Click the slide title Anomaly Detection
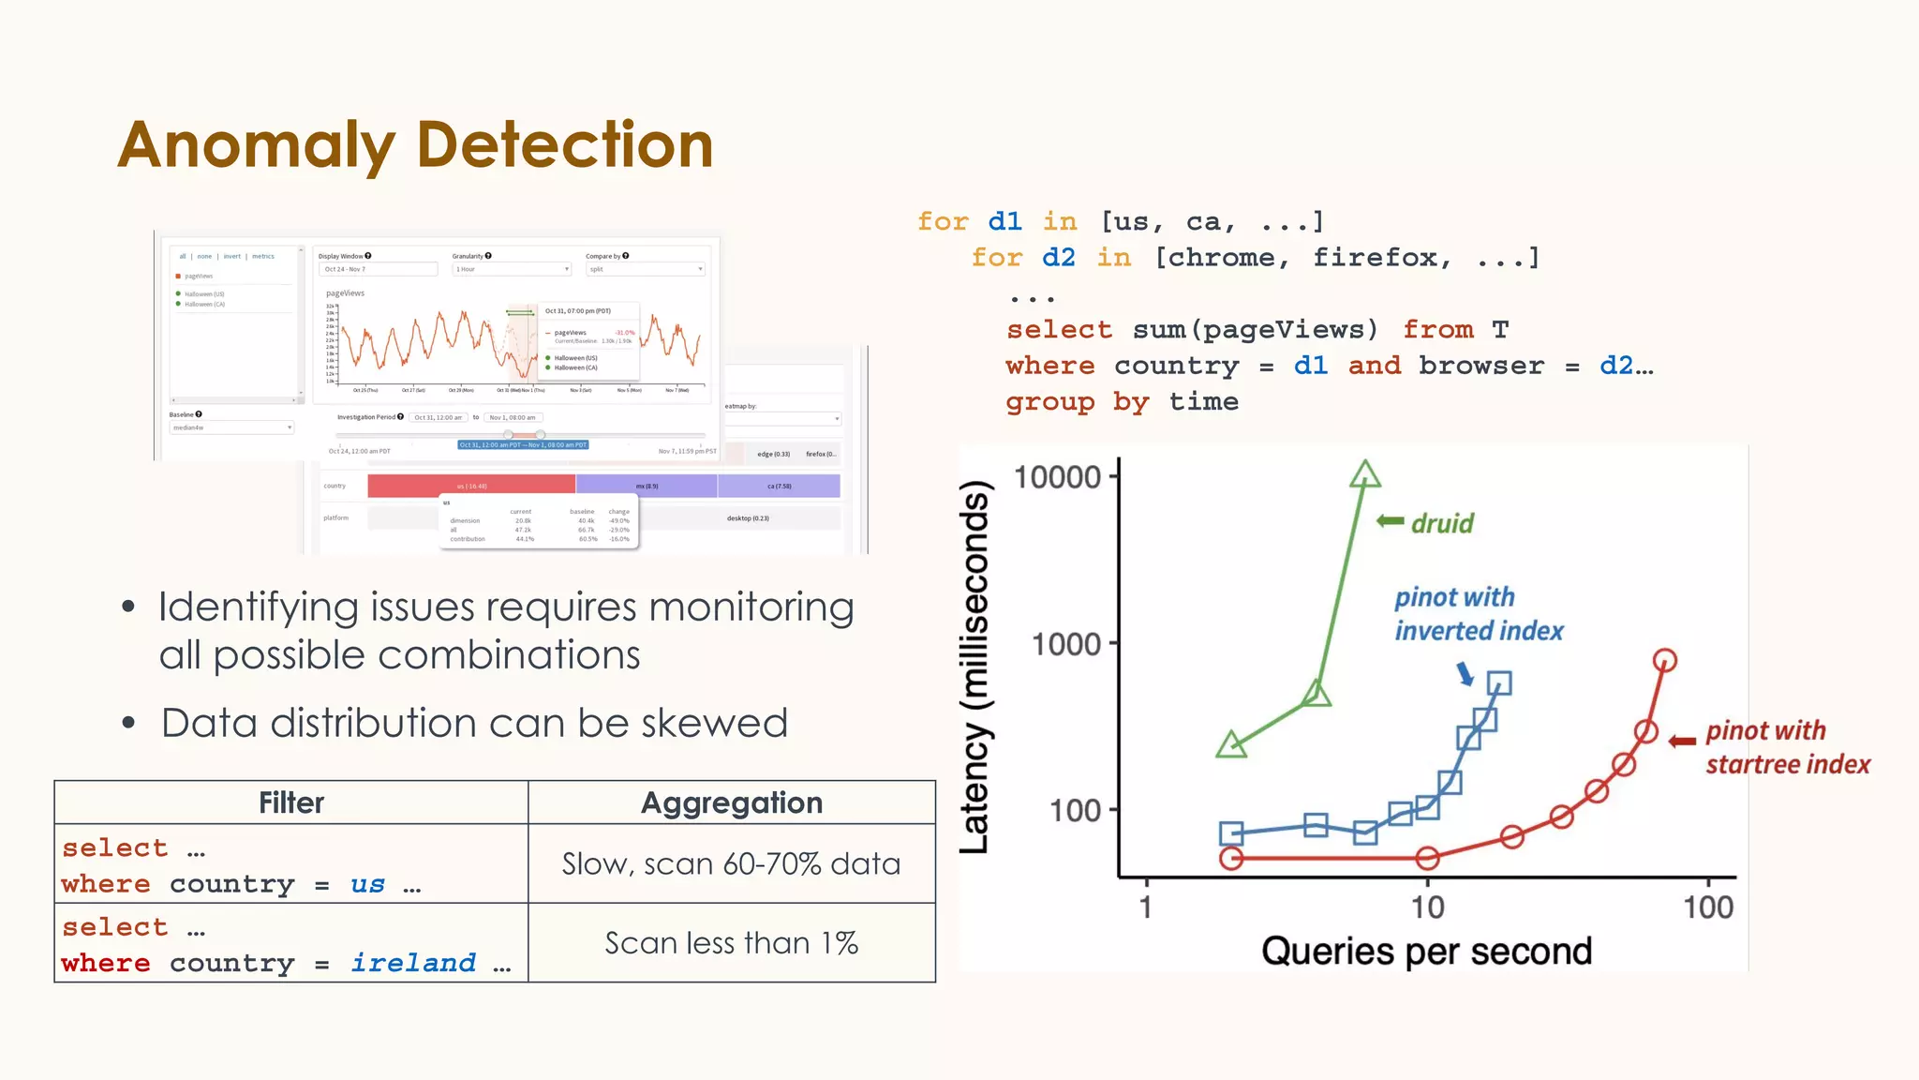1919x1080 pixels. point(415,145)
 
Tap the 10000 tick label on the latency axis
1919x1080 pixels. point(1057,477)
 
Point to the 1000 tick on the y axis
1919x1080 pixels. point(1065,644)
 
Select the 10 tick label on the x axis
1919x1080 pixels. point(1427,907)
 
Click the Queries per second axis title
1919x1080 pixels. point(1426,952)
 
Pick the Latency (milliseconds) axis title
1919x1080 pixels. point(974,667)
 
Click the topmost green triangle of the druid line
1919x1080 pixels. point(1365,474)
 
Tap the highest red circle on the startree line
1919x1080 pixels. point(1664,660)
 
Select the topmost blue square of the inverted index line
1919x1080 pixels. point(1499,683)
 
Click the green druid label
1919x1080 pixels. point(1442,523)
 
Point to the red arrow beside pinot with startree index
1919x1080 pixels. point(1682,741)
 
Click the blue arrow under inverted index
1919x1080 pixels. point(1465,673)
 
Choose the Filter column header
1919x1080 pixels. point(291,802)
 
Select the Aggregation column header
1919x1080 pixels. point(732,802)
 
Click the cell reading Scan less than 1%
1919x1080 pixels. point(732,943)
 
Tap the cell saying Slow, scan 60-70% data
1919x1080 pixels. point(732,863)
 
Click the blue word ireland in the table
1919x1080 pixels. point(413,963)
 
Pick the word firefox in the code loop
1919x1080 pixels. point(1382,258)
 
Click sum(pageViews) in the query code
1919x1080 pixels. point(1255,330)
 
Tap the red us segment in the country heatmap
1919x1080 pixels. point(471,486)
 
